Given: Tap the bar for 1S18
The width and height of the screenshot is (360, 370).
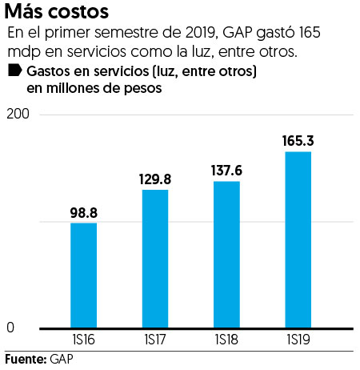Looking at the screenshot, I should (227, 254).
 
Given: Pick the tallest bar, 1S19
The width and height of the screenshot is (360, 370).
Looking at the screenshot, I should (298, 239).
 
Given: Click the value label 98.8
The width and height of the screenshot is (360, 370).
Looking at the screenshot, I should (83, 212).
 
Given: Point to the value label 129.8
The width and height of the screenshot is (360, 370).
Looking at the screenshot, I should (154, 179).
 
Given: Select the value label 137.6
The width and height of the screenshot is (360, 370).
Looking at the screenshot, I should (227, 171).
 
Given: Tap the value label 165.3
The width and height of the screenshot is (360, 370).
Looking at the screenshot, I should (298, 141).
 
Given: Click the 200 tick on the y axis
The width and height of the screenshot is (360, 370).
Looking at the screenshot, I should (18, 115).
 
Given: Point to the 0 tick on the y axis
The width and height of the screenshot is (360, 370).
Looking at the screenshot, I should (10, 328).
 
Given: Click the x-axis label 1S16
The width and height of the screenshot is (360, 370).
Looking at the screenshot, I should (84, 340).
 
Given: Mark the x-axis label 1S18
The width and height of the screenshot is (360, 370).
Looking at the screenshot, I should (226, 340).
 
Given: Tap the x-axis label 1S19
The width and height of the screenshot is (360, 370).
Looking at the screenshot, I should (298, 340).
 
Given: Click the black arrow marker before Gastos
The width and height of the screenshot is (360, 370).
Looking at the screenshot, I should (14, 71).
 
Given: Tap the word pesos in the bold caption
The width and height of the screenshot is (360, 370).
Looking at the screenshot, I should (143, 89).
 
